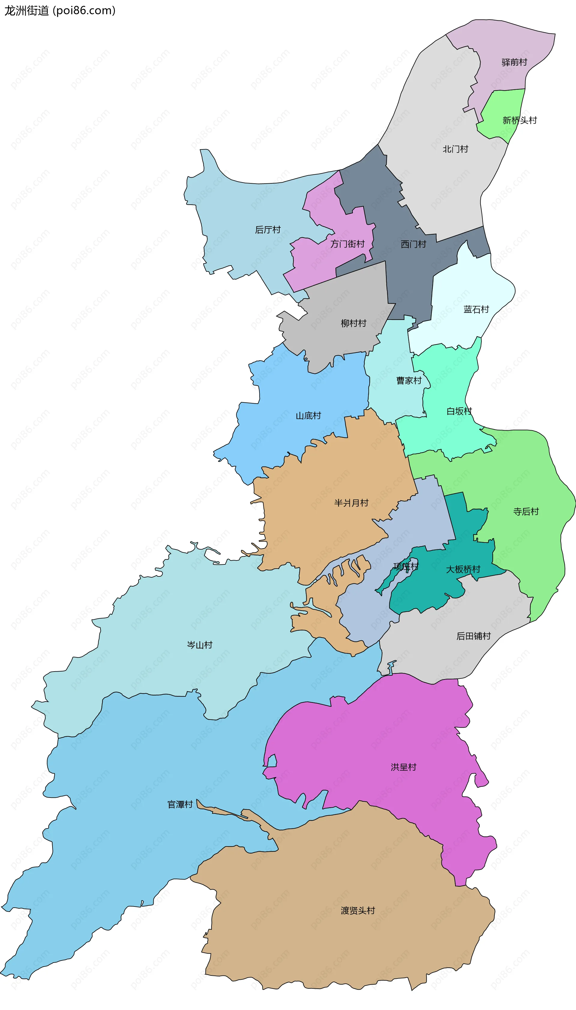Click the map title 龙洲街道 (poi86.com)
[60, 11]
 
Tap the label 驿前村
[514, 62]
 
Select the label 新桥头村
[519, 120]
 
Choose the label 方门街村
[347, 244]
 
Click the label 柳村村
[353, 323]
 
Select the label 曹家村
[409, 380]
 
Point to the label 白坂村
[459, 411]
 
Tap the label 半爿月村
[351, 503]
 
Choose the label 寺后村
[526, 512]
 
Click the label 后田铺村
[473, 636]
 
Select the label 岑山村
[199, 645]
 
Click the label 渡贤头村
[358, 911]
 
